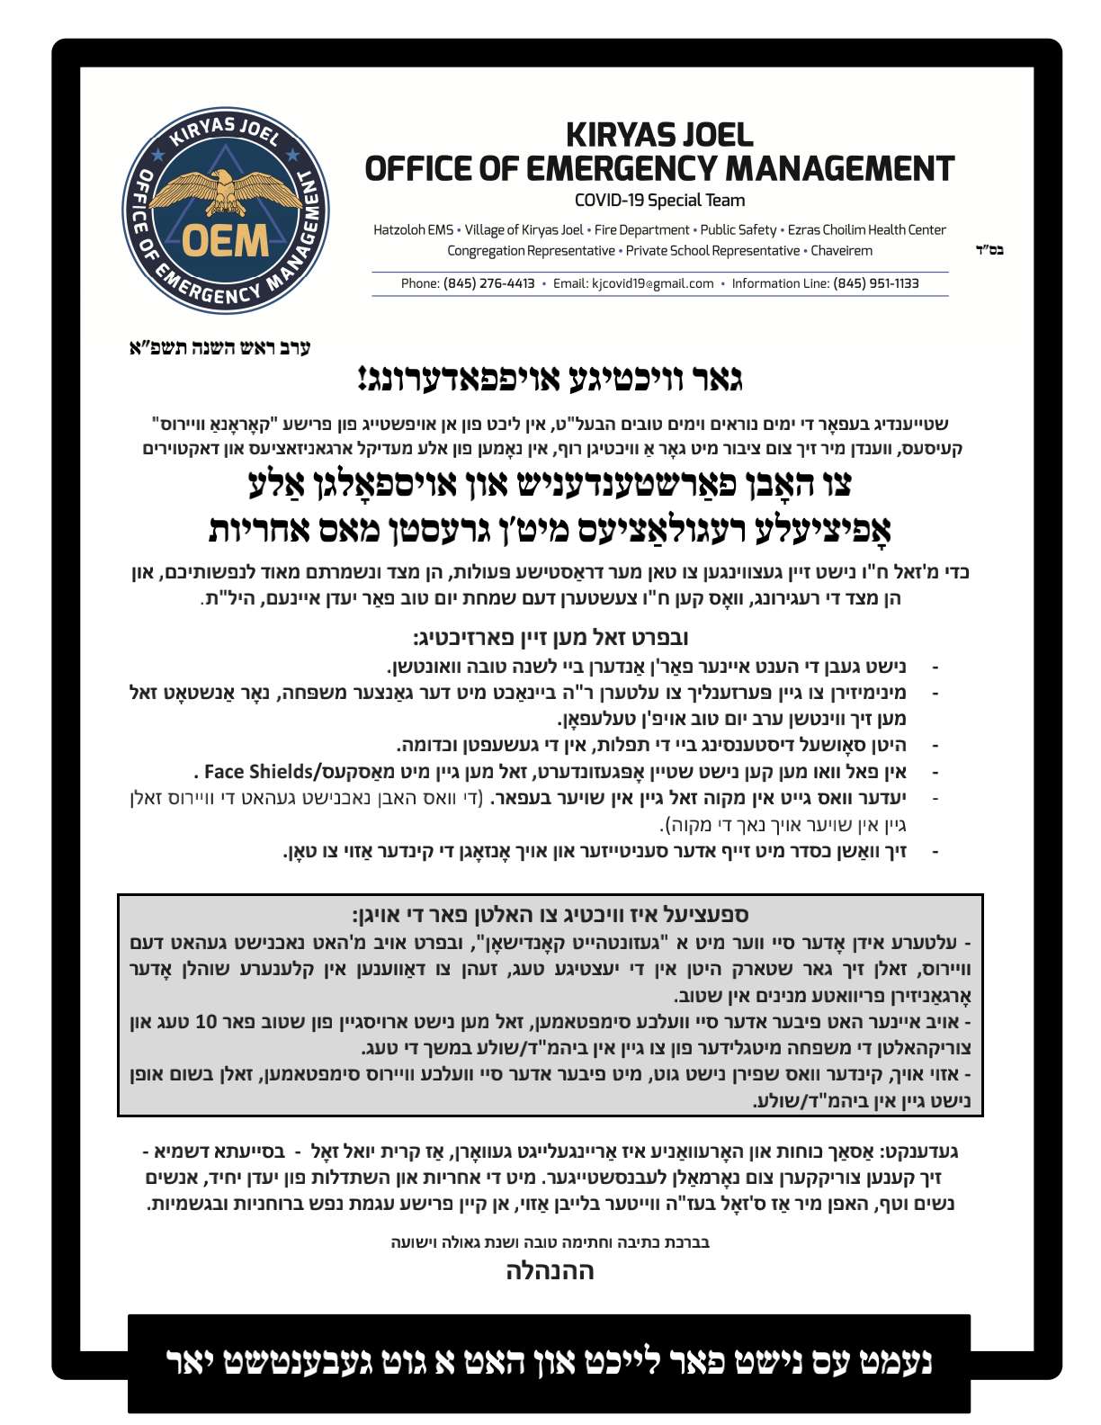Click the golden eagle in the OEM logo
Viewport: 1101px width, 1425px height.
point(225,190)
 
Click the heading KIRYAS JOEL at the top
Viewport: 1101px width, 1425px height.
point(659,135)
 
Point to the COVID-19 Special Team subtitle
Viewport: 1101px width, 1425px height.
point(659,201)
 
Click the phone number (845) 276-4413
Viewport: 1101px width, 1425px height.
point(488,283)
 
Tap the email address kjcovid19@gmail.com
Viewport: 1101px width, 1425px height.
point(652,283)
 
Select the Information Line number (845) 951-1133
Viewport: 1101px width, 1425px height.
point(875,283)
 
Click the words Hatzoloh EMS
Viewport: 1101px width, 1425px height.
point(413,230)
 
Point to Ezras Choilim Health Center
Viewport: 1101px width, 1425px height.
point(867,230)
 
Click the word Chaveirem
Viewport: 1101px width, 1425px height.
point(841,251)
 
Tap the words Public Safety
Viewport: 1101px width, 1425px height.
point(738,230)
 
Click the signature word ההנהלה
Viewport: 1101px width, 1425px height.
point(550,1271)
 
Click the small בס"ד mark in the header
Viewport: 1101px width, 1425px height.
point(989,251)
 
